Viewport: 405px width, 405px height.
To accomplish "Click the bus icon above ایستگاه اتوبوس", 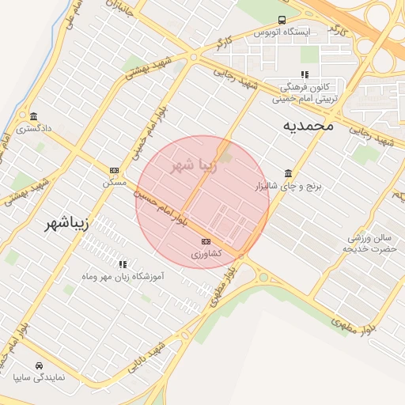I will pyautogui.click(x=282, y=21).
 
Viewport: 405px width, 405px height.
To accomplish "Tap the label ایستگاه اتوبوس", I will pyautogui.click(x=282, y=32).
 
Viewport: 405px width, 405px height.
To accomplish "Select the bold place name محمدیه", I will pyautogui.click(x=310, y=125).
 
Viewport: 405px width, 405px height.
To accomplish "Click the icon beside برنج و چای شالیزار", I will pyautogui.click(x=288, y=174).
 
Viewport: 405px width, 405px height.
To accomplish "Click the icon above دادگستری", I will pyautogui.click(x=32, y=115).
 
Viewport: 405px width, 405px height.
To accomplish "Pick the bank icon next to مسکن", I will pyautogui.click(x=114, y=170).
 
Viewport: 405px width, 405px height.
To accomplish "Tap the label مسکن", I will pyautogui.click(x=114, y=182).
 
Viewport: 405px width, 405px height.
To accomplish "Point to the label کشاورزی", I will pyautogui.click(x=206, y=254).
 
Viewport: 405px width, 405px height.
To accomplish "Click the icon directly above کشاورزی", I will pyautogui.click(x=206, y=241).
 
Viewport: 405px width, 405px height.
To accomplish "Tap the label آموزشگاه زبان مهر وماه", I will pyautogui.click(x=122, y=277).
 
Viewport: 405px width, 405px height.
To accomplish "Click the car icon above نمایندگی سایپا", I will pyautogui.click(x=39, y=365).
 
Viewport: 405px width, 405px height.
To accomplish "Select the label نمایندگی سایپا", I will pyautogui.click(x=39, y=377).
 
